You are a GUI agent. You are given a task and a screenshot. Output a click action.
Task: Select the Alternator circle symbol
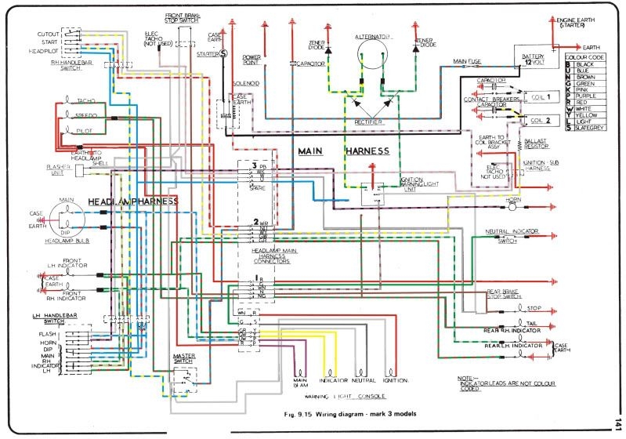(x=375, y=54)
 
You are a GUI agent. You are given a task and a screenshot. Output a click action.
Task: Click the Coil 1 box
(x=540, y=96)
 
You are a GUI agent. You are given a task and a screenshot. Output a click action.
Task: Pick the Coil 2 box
(x=540, y=121)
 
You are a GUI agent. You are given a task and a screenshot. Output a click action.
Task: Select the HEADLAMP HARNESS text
(x=132, y=201)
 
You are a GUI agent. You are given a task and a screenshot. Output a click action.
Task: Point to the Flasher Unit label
(x=57, y=169)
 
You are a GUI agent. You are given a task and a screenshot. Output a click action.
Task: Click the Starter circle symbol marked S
(x=223, y=54)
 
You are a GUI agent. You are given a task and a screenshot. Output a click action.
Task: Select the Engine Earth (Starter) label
(x=583, y=24)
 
